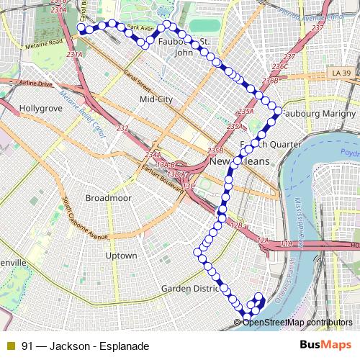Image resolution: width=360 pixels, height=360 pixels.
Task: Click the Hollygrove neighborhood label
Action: (42, 108)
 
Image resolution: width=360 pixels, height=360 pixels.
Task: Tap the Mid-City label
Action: (157, 99)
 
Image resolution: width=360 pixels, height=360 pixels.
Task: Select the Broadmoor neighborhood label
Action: (107, 197)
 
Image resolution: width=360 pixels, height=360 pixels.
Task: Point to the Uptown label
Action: (121, 256)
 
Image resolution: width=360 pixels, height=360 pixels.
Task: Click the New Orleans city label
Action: (239, 162)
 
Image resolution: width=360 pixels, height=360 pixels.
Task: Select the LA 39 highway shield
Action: (341, 73)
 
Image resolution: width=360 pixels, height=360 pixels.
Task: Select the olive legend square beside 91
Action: (10, 346)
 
